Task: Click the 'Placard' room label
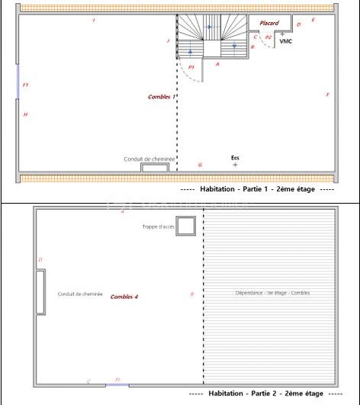point(269,23)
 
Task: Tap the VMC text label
point(286,41)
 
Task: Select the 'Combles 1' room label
point(162,97)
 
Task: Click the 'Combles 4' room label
point(124,296)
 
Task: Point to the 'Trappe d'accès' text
point(159,227)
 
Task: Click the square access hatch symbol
point(186,226)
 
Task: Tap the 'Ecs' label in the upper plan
point(235,158)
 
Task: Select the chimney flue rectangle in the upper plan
point(155,168)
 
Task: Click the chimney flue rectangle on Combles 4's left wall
point(40,291)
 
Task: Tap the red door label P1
point(191,67)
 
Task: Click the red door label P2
point(268,37)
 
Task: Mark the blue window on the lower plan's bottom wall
point(117,384)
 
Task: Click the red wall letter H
point(25,114)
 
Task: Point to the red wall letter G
point(200,165)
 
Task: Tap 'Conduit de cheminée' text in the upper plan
point(149,159)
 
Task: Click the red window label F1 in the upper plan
point(25,85)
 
